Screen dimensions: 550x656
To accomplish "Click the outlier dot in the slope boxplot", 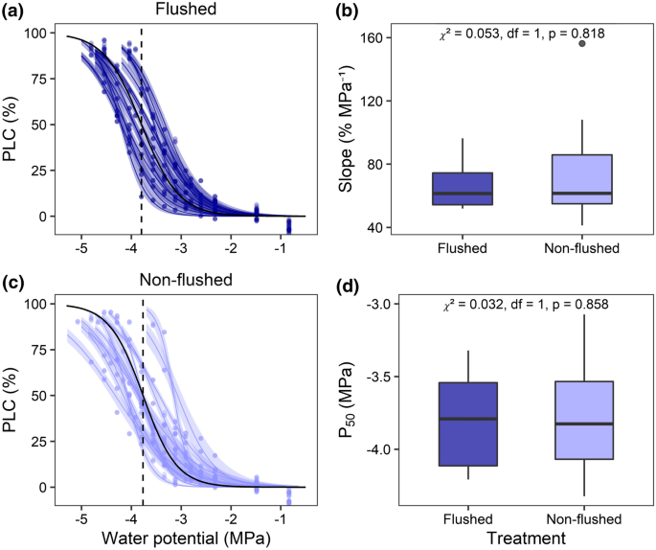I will click(582, 44).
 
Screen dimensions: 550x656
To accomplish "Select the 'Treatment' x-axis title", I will click(522, 539).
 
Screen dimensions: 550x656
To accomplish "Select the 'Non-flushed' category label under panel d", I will click(582, 519).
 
